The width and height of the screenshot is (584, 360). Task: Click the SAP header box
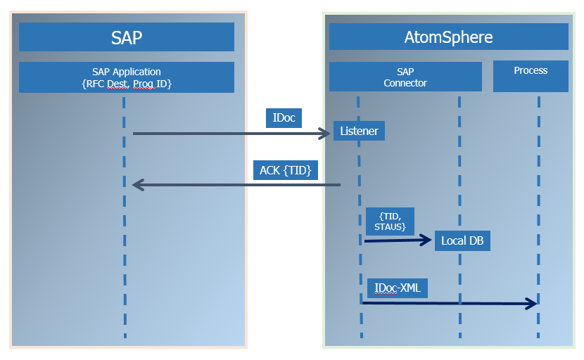(x=127, y=37)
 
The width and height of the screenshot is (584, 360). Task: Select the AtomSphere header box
(x=448, y=37)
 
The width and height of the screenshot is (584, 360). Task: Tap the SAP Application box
(x=127, y=77)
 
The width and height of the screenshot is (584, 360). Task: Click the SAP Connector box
(x=405, y=77)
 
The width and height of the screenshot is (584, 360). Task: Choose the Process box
(x=531, y=77)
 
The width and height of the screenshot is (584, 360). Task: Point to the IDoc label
(x=284, y=118)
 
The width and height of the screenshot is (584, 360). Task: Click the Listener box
(x=359, y=131)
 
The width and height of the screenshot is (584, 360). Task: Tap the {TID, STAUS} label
(x=390, y=221)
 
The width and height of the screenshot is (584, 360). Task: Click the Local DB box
(x=462, y=240)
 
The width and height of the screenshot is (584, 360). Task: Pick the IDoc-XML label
(x=398, y=288)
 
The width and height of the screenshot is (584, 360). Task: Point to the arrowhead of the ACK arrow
(x=138, y=185)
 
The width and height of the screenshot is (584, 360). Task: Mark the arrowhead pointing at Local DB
(x=426, y=240)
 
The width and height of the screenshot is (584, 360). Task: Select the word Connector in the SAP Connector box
(x=405, y=83)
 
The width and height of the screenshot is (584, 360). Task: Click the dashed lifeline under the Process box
(x=539, y=211)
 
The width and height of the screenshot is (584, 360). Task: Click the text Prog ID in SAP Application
(x=153, y=84)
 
